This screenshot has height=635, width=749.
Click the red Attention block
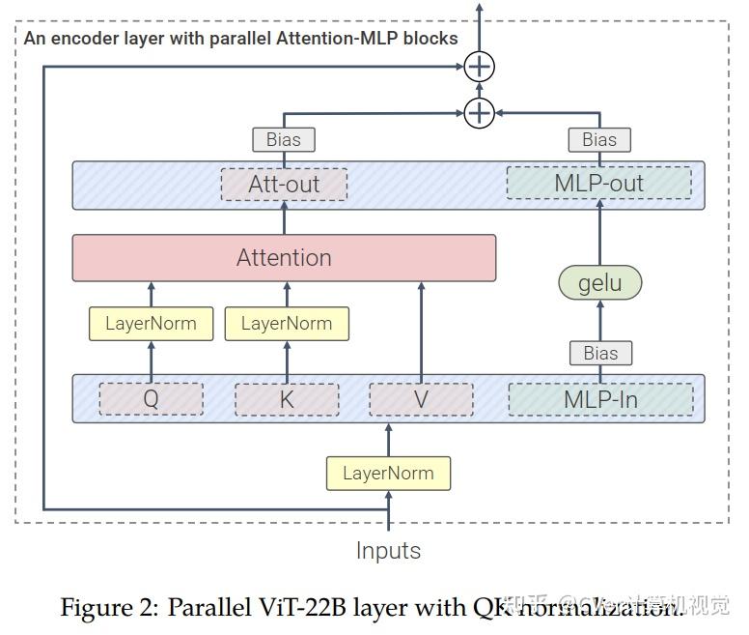pyautogui.click(x=284, y=258)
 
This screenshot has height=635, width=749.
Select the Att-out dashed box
pyautogui.click(x=284, y=184)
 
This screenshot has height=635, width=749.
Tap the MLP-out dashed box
pyautogui.click(x=598, y=184)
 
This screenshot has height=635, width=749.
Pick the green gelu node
pyautogui.click(x=599, y=283)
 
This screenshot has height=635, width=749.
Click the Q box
pyautogui.click(x=151, y=399)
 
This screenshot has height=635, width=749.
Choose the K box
pyautogui.click(x=287, y=399)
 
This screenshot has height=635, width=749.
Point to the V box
pyautogui.click(x=421, y=399)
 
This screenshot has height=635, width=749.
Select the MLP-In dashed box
pyautogui.click(x=600, y=399)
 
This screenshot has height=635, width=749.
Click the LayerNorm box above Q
pyautogui.click(x=151, y=324)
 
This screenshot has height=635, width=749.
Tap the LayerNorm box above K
pyautogui.click(x=287, y=324)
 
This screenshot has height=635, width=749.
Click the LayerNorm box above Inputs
pyautogui.click(x=388, y=473)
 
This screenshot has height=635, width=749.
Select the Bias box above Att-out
pyautogui.click(x=284, y=139)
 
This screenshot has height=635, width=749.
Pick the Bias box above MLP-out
pyautogui.click(x=599, y=139)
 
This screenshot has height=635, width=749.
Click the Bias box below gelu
pyautogui.click(x=600, y=353)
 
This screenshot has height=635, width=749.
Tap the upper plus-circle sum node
pyautogui.click(x=479, y=67)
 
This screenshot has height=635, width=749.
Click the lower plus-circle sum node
pyautogui.click(x=479, y=113)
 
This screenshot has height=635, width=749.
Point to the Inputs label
pyautogui.click(x=388, y=551)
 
